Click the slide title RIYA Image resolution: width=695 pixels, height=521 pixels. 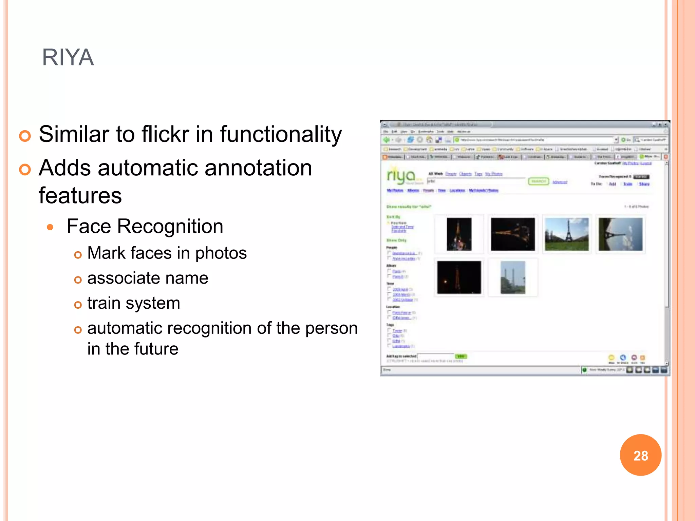(68, 57)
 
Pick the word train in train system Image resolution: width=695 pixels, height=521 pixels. (104, 303)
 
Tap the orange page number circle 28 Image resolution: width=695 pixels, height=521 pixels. (640, 455)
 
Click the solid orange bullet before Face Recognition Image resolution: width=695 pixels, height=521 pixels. (50, 227)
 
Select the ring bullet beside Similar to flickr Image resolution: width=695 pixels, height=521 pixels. (25, 136)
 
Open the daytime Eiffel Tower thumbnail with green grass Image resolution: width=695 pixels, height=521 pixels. (566, 234)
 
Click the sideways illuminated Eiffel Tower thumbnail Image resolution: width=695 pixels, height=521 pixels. (512, 234)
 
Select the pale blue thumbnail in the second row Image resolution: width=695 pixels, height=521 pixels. (512, 277)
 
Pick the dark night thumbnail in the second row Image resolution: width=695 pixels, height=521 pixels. (459, 277)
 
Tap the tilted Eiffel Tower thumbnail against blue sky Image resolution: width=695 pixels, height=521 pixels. (620, 234)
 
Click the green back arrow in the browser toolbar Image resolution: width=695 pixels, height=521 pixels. (386, 140)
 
